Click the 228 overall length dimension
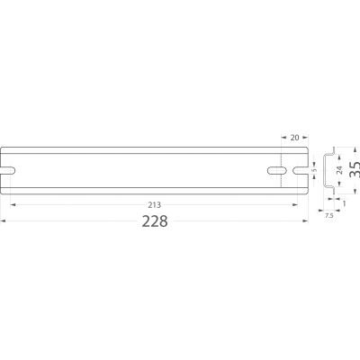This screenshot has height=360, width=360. [155, 221]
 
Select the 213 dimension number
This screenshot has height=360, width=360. [155, 205]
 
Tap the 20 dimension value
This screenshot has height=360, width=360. [295, 138]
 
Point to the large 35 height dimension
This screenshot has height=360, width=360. [355, 170]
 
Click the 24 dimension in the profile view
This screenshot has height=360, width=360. [339, 170]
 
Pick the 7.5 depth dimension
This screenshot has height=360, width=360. [328, 215]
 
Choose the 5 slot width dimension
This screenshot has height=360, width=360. [315, 170]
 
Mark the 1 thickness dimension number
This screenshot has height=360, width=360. [344, 203]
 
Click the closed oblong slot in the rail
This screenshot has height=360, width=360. [277, 170]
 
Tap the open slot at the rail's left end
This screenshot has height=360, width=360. [8, 170]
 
